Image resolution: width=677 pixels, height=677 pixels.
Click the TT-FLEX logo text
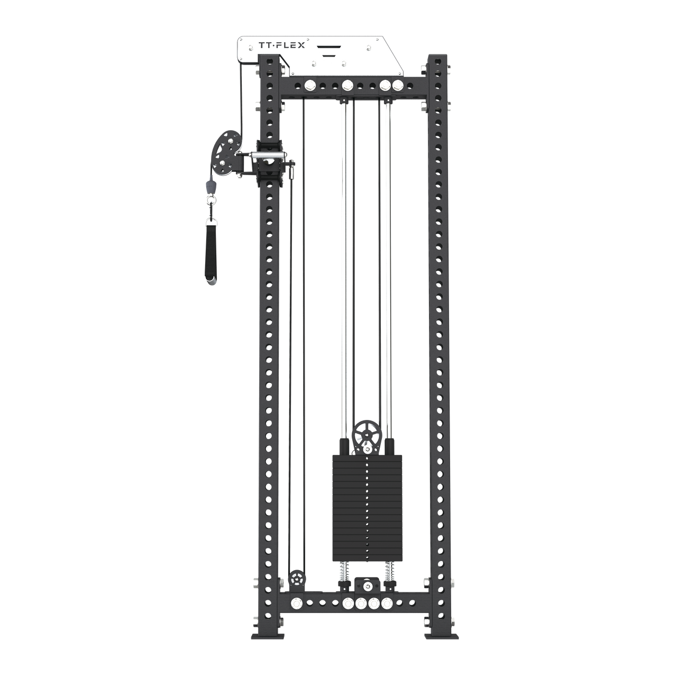click(282, 45)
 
